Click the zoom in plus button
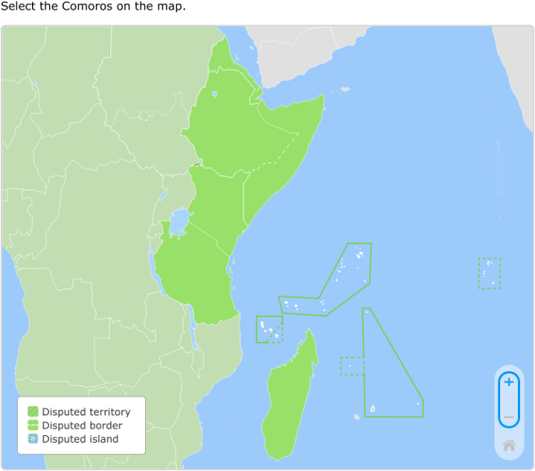[x=509, y=382]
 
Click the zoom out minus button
[x=509, y=416]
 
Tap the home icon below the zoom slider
[x=509, y=445]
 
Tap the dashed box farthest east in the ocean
[x=489, y=273]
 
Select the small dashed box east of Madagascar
[x=352, y=365]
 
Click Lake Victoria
[x=177, y=224]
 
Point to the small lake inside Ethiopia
[x=215, y=94]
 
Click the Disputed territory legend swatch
[x=33, y=412]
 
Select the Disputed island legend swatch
[x=33, y=439]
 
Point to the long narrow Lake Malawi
[x=192, y=331]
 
